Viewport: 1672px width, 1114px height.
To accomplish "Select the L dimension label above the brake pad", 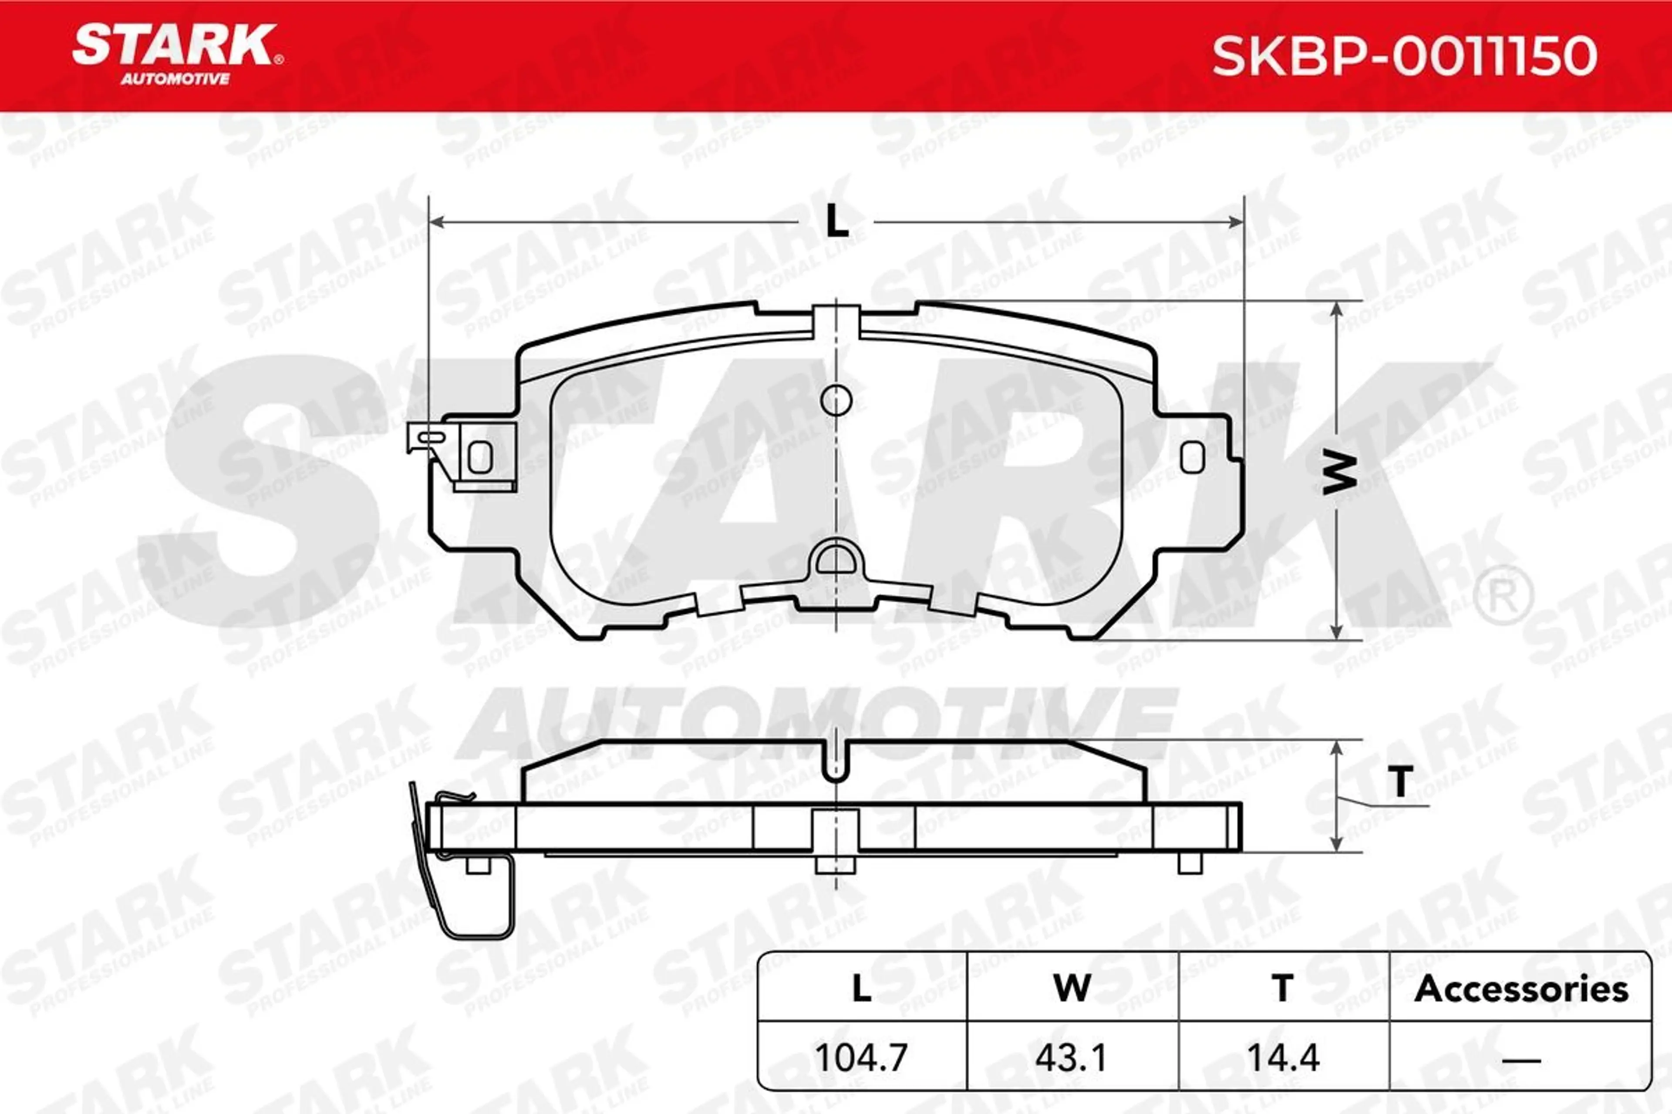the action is point(837,221).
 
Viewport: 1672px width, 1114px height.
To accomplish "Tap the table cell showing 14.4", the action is point(1283,1057).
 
